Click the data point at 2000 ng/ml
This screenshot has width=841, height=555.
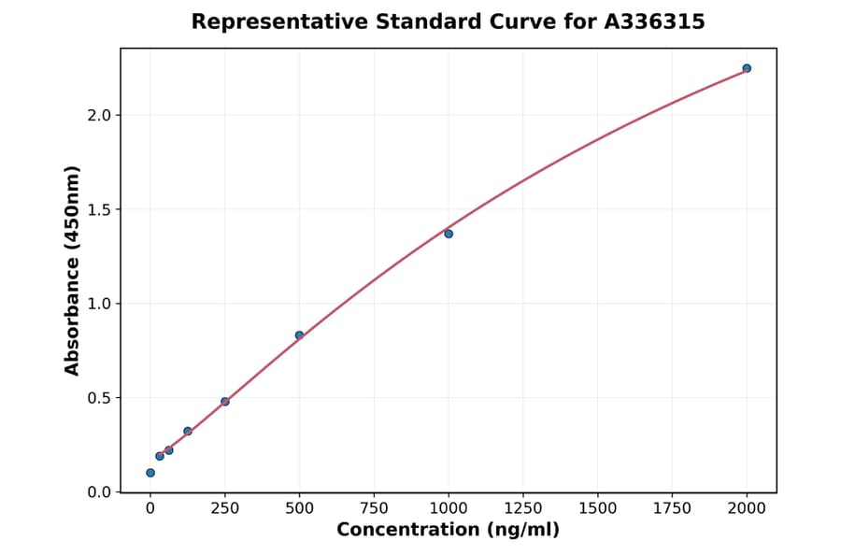747,68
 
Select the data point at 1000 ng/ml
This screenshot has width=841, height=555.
449,234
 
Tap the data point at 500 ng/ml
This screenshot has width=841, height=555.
299,335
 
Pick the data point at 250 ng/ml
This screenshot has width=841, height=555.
225,402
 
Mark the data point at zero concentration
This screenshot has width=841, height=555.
150,473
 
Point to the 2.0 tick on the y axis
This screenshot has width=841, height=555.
100,115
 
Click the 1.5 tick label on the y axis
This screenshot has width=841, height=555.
100,209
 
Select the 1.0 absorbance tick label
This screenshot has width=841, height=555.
100,304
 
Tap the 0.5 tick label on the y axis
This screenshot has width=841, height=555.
100,398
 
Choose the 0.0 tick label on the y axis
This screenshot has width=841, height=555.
100,492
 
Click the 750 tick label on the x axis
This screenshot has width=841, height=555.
374,508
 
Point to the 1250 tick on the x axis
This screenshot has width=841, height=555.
523,508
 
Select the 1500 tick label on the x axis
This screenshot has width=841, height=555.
598,508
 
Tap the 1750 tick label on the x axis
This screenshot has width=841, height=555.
673,508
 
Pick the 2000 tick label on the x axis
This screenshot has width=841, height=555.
748,508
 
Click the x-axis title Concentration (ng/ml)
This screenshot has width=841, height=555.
449,531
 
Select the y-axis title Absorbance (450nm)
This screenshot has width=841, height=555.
73,270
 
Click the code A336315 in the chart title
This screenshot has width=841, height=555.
654,21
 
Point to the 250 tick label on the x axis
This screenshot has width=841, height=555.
225,508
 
